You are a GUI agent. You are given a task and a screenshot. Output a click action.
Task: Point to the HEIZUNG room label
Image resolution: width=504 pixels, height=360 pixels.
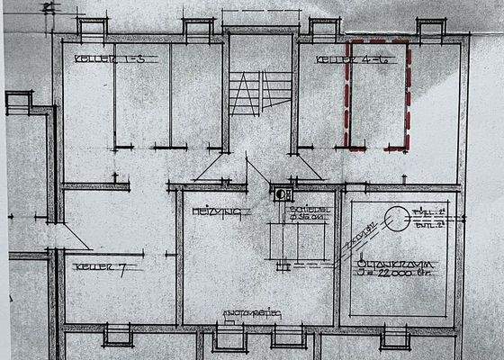pyautogui.click(x=209, y=211)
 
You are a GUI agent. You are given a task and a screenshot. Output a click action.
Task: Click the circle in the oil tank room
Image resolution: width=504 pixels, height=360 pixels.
pyautogui.click(x=392, y=217)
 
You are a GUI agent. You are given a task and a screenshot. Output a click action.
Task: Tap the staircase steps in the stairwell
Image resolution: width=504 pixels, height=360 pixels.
pyautogui.click(x=244, y=95)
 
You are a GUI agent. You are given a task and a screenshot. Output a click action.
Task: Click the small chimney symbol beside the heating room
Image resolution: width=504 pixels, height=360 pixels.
pyautogui.click(x=283, y=193)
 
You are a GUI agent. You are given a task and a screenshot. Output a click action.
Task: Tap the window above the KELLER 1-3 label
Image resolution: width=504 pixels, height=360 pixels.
pyautogui.click(x=91, y=28)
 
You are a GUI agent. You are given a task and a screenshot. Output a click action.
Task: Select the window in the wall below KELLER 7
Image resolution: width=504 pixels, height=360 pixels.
pyautogui.click(x=118, y=336)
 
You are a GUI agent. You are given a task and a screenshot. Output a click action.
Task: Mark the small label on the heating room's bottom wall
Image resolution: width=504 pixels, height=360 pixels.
pyautogui.click(x=255, y=314)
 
